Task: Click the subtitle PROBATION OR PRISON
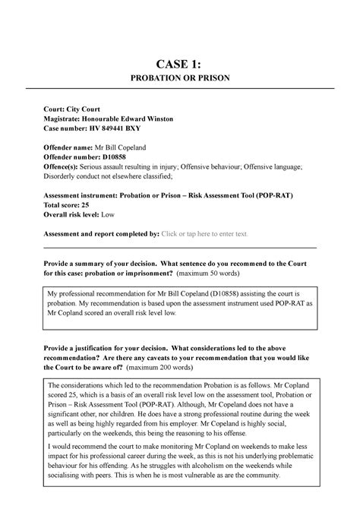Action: click(x=180, y=79)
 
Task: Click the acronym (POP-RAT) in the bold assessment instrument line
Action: click(x=270, y=195)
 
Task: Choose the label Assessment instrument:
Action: click(x=91, y=195)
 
